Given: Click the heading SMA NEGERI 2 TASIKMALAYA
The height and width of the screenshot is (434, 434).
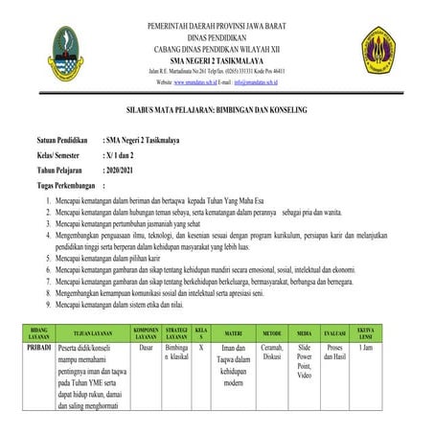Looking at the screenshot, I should click(216, 58).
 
